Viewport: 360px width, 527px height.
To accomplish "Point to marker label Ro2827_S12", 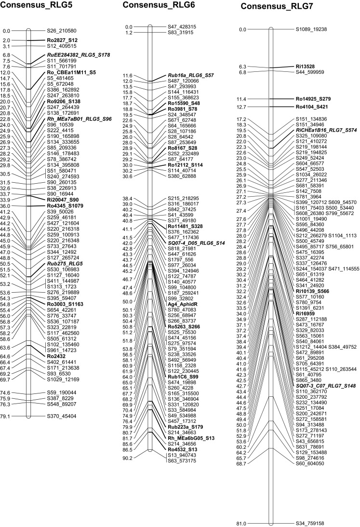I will pyautogui.click(x=62, y=40).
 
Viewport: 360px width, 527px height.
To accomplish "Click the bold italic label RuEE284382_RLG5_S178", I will pyautogui.click(x=78, y=55).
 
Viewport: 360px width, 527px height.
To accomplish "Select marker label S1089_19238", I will pyautogui.click(x=311, y=29).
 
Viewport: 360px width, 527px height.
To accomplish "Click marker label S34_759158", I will pyautogui.click(x=311, y=510).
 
